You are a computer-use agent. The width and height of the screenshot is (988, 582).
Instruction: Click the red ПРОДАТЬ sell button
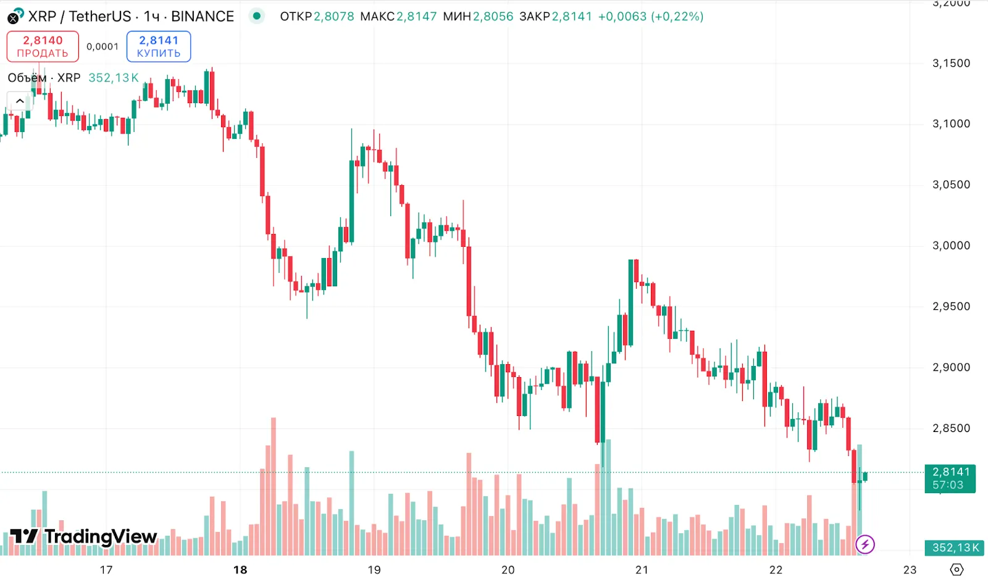tap(43, 46)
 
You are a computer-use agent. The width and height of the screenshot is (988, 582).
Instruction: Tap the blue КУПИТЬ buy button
tap(159, 46)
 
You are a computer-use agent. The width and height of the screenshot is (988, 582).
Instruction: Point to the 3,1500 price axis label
tap(951, 63)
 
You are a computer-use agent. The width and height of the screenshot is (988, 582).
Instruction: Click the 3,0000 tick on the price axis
tap(951, 246)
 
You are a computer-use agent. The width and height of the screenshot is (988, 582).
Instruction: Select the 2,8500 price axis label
tap(951, 428)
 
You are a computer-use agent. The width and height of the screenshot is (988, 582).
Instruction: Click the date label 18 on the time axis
tap(240, 570)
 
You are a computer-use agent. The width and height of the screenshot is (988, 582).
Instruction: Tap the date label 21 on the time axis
tap(642, 570)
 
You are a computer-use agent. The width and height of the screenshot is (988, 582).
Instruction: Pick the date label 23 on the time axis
tap(910, 570)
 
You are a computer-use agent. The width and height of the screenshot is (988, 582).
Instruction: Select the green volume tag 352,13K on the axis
tap(955, 547)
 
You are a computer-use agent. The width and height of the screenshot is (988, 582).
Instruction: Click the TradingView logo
tap(84, 536)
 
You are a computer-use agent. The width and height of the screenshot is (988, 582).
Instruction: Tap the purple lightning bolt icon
tap(865, 544)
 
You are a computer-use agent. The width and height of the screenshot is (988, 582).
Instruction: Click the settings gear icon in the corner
tap(957, 570)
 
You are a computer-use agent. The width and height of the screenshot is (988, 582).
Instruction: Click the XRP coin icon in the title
tap(15, 16)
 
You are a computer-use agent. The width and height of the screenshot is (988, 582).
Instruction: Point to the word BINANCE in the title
tap(203, 17)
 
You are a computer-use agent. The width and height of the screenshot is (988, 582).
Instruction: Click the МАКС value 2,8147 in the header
tap(416, 17)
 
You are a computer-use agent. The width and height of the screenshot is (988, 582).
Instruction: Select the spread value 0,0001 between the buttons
tap(103, 46)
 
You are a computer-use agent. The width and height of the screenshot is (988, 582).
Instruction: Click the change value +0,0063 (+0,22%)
tap(651, 17)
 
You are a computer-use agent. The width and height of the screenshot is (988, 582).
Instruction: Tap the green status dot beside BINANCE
tap(256, 16)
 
